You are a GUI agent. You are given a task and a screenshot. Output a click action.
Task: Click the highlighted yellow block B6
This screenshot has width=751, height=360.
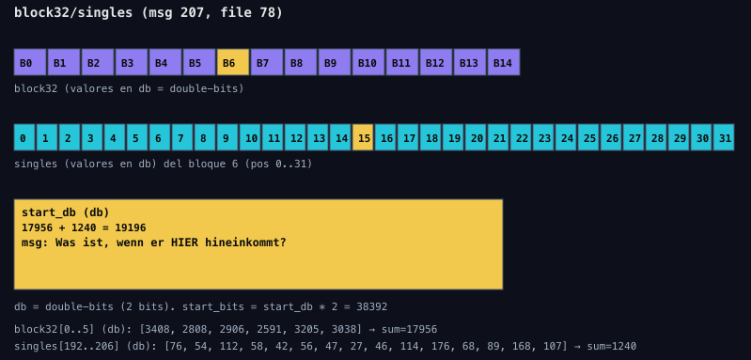click(233, 62)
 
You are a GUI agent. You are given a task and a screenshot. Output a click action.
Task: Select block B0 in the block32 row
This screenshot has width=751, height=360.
click(30, 62)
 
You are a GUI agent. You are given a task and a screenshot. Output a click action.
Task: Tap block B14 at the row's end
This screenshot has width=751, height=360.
click(504, 62)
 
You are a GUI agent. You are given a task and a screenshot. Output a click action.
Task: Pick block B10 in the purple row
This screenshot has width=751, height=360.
click(368, 62)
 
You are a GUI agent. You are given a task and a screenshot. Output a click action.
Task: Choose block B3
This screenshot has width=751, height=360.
click(132, 62)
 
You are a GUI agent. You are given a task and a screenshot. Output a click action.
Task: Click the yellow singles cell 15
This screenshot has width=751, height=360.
click(363, 137)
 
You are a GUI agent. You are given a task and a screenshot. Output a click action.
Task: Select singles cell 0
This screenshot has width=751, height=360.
click(24, 137)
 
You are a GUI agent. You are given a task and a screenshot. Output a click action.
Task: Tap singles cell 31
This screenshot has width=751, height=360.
click(724, 137)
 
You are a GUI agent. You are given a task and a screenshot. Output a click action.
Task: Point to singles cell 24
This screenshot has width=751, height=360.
click(566, 137)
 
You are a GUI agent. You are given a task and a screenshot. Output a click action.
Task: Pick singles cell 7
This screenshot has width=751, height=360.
click(182, 137)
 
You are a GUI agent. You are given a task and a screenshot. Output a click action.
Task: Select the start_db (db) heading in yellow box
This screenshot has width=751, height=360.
click(66, 212)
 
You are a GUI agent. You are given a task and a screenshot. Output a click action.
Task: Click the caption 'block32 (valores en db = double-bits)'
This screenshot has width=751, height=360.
click(129, 88)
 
